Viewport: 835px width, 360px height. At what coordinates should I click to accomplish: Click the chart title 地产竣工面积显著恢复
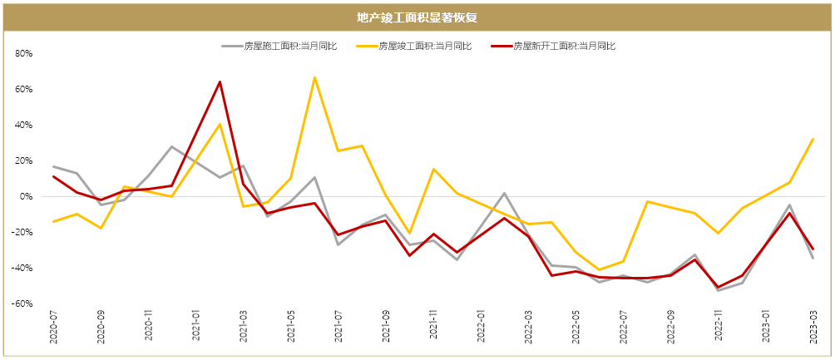coord(417,17)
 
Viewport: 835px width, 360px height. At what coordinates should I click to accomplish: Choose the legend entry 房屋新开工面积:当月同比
coord(564,47)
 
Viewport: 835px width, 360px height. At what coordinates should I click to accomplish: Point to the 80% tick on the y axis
coord(23,54)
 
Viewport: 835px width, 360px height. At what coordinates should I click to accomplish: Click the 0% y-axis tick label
coord(25,197)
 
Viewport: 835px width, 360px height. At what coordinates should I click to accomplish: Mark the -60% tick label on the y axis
coord(22,304)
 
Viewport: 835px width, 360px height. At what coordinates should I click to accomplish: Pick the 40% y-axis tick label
coord(23,126)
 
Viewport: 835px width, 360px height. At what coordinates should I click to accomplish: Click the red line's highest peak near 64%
coord(220,81)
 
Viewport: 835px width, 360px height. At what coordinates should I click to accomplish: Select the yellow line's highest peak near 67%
coord(314,77)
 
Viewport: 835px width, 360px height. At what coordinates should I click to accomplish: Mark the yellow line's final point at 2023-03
coord(813,139)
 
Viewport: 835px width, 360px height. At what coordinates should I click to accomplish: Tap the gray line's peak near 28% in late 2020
coord(171,147)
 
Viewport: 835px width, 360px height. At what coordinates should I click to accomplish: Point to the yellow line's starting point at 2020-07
coord(53,221)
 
